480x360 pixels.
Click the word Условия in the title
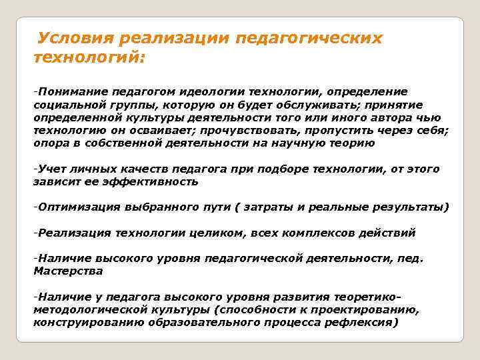(77, 38)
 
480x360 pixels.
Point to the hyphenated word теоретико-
(369, 297)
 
